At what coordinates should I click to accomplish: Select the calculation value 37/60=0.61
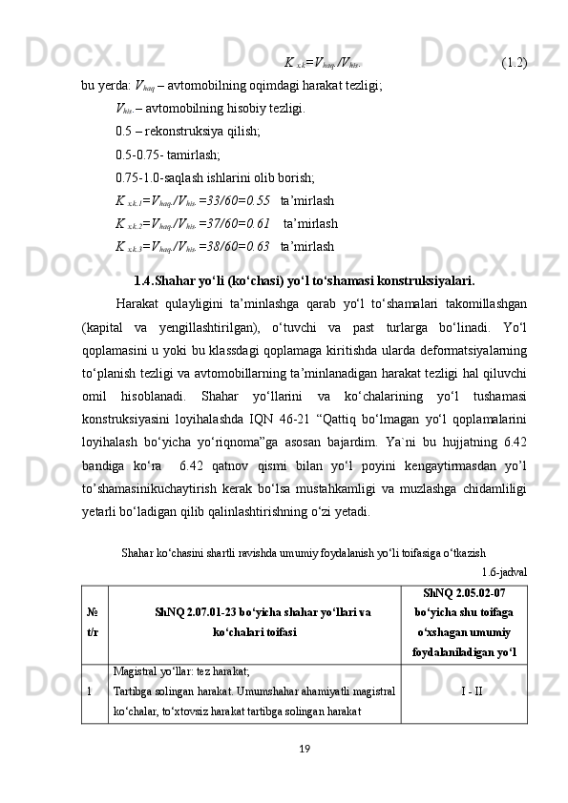pyautogui.click(x=229, y=224)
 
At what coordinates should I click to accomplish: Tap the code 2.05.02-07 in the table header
pyautogui.click(x=475, y=592)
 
